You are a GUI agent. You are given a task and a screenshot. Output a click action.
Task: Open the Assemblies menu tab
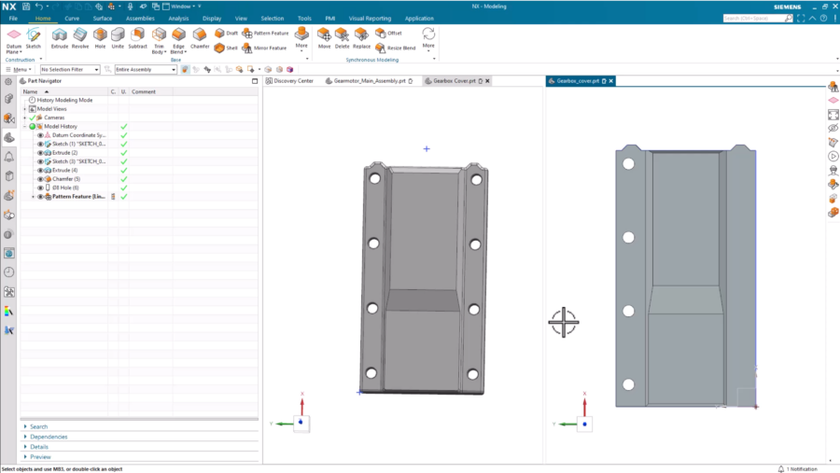(x=140, y=18)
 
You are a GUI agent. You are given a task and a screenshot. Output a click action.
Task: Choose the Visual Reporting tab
(x=370, y=18)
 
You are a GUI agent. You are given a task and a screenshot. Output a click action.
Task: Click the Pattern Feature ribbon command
(x=266, y=33)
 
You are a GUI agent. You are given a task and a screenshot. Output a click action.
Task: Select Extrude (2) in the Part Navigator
(x=64, y=153)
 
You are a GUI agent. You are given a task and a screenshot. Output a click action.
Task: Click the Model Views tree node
(x=51, y=108)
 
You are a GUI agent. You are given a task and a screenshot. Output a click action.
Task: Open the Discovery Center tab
(x=293, y=81)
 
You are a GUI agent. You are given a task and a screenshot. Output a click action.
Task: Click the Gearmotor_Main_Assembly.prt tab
(x=369, y=81)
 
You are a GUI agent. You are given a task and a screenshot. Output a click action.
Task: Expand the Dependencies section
(x=49, y=437)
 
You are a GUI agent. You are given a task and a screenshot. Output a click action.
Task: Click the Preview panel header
(x=40, y=457)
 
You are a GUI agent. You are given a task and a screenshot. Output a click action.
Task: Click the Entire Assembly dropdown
(x=145, y=69)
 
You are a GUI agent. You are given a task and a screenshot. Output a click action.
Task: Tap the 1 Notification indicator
(x=798, y=468)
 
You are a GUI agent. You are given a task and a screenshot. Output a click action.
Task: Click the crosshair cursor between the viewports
(x=564, y=322)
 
